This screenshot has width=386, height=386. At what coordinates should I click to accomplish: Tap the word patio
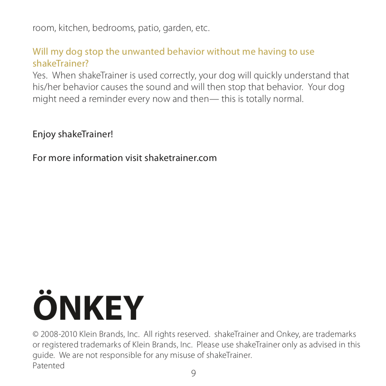click(x=149, y=28)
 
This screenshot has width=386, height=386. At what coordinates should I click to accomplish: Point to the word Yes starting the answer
click(x=40, y=75)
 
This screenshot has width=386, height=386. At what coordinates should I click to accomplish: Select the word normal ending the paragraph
click(x=289, y=99)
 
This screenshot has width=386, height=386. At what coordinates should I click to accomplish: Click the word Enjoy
click(x=44, y=135)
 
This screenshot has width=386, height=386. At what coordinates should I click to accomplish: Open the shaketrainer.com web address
click(x=181, y=158)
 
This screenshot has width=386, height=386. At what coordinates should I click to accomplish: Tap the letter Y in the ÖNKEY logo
click(x=133, y=308)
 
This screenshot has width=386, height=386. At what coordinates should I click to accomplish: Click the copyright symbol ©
click(x=36, y=334)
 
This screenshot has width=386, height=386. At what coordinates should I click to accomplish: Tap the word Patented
click(x=48, y=366)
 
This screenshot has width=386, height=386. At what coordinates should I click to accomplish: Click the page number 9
click(x=193, y=374)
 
